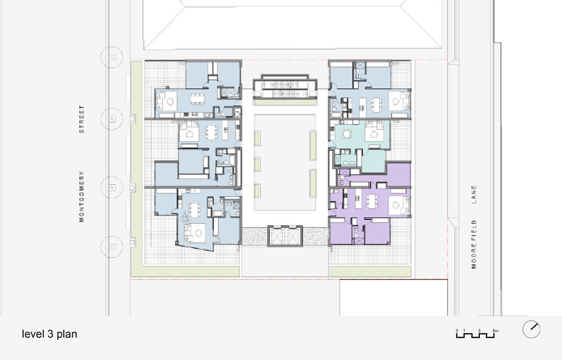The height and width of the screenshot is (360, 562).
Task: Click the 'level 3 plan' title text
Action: (x=49, y=334)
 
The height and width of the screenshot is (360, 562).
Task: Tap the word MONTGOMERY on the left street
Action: (x=82, y=196)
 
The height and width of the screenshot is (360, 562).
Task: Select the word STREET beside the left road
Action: (x=82, y=119)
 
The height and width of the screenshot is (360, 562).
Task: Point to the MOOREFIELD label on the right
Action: (x=474, y=244)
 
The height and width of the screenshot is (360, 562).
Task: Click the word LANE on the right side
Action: (x=474, y=195)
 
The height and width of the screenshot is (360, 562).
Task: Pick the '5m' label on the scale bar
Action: (x=495, y=331)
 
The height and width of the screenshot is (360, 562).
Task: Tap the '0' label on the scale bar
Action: (x=457, y=331)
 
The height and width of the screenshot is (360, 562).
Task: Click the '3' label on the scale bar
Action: (x=479, y=331)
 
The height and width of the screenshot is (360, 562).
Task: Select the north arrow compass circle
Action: (x=531, y=329)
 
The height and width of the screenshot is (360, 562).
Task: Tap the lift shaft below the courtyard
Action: (x=285, y=236)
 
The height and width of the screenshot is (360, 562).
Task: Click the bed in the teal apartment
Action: (x=374, y=133)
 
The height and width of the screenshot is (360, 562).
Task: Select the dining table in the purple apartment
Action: (x=372, y=201)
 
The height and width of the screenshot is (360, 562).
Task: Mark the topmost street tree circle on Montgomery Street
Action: (x=112, y=57)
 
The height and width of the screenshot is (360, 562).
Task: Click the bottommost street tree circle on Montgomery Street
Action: (x=112, y=247)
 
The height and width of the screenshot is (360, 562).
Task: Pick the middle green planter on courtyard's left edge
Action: (x=258, y=165)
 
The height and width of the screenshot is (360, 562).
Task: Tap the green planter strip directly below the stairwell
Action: (x=285, y=103)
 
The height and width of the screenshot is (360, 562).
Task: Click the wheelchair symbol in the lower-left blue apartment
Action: (x=185, y=216)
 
